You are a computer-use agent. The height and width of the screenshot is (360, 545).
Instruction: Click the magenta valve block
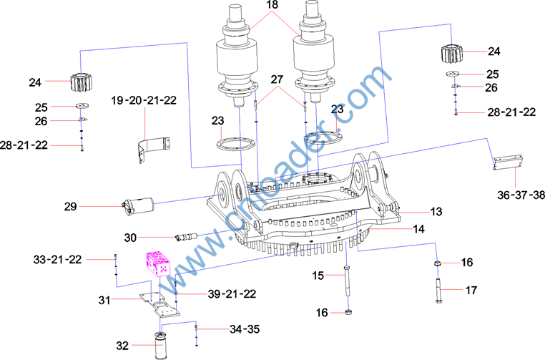point(157,263)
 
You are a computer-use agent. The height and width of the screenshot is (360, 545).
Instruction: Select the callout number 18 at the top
point(272,4)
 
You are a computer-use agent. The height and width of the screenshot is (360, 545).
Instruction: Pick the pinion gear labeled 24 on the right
point(451,54)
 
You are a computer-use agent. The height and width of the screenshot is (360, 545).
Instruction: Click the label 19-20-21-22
point(144,100)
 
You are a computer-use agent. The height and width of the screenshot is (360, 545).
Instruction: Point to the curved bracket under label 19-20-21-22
point(153,149)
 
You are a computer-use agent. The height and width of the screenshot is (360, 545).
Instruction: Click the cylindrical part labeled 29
point(139,206)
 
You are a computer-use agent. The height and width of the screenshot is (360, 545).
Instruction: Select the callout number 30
point(130,238)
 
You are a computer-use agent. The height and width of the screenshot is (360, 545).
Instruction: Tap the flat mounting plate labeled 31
point(160,304)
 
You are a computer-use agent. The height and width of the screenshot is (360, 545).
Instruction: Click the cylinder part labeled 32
point(160,346)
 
